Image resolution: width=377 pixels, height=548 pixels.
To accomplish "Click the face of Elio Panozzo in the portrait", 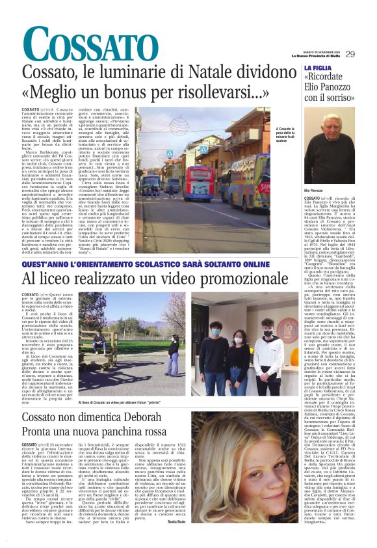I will click(327, 131).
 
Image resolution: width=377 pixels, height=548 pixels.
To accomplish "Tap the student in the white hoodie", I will click(268, 351).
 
